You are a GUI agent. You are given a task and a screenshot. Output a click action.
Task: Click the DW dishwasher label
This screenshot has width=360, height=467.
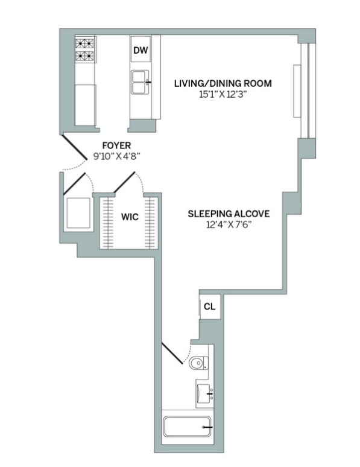coord(140,51)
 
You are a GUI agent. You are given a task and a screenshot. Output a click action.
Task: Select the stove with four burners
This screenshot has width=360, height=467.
coord(85,50)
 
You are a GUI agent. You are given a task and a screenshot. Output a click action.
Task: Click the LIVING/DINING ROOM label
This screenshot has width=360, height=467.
coord(223,83)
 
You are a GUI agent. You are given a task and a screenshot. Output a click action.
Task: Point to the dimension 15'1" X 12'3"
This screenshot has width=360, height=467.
coord(223,94)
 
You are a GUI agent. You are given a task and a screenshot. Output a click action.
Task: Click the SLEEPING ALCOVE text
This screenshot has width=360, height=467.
coord(228,214)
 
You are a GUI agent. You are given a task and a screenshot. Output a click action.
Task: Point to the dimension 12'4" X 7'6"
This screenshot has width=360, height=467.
coord(228,224)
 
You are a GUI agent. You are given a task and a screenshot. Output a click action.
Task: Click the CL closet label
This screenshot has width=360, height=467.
coord(209,307)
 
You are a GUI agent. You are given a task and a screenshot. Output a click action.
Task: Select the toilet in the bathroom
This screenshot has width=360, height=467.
coord(197,363)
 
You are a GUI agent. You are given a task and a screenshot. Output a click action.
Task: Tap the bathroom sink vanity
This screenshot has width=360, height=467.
coord(204,393)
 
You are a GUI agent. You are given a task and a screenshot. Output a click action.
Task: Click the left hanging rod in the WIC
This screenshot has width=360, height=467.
coord(109,223)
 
